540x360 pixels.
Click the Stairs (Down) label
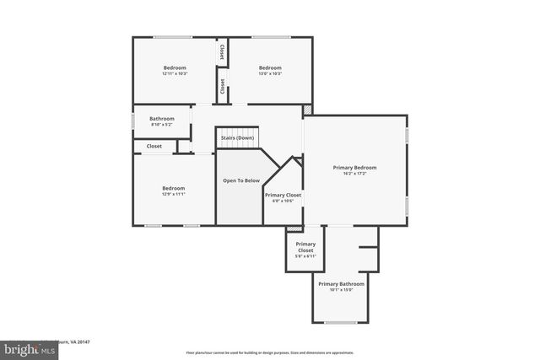237,137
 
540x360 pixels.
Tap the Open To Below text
240,180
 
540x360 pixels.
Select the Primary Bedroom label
354,167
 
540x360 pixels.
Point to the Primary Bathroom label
341,283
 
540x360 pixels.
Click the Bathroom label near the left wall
162,119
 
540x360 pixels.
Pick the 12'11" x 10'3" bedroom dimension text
174,74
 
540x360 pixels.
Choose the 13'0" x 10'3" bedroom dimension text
269,74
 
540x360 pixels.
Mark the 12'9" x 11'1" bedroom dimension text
173,194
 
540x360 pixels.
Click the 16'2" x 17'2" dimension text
354,175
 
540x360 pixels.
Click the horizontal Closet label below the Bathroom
154,146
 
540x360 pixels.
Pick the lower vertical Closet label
223,86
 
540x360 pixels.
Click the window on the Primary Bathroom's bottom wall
340,323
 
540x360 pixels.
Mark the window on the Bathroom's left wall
133,120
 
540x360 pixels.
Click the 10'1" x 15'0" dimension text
341,290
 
